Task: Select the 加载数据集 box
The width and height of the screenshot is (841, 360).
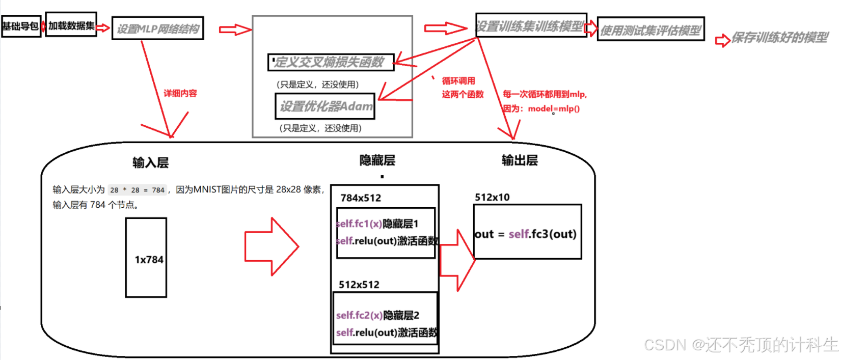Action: tap(71, 25)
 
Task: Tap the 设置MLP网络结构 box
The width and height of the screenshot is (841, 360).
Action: tap(158, 29)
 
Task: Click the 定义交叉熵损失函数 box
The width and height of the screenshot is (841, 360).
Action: tap(331, 62)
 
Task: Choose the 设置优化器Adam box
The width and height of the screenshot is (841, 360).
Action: tap(325, 106)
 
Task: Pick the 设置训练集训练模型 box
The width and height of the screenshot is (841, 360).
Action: tap(531, 25)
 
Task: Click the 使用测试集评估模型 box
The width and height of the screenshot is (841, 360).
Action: tap(650, 30)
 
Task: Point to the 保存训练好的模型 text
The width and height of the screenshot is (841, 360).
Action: tap(779, 38)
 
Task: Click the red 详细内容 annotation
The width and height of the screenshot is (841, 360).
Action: tap(180, 93)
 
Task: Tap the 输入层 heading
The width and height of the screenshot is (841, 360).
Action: tap(150, 162)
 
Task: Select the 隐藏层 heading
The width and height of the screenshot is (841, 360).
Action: tap(377, 160)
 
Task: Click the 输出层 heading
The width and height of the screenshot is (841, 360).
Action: tap(520, 160)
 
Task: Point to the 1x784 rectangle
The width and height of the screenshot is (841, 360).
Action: tap(146, 258)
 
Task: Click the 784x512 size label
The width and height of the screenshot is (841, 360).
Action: tap(361, 198)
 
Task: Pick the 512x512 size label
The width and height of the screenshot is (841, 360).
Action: tap(359, 285)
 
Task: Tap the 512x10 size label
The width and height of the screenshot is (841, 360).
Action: tap(492, 197)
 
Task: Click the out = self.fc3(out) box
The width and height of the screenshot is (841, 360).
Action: tap(527, 232)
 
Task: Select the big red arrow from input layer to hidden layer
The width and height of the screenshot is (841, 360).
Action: tap(271, 247)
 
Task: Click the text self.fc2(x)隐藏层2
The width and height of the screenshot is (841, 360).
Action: tap(377, 315)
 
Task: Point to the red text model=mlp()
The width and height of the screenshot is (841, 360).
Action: tap(554, 108)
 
